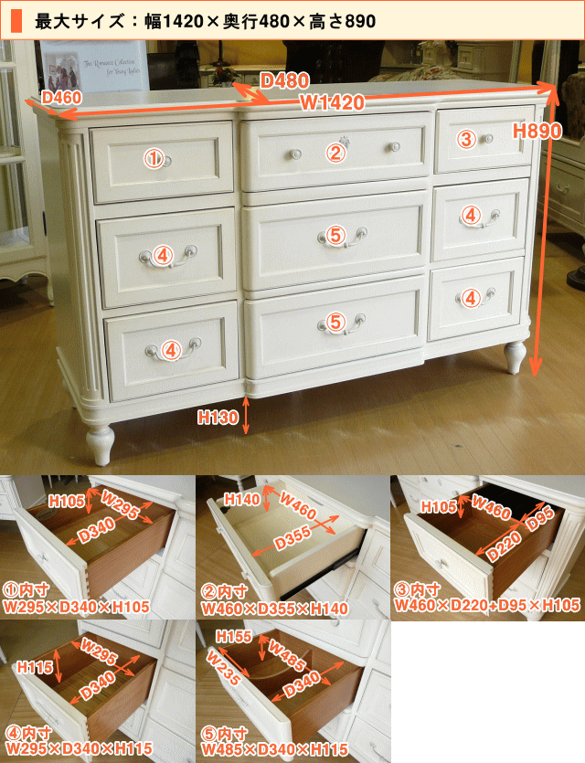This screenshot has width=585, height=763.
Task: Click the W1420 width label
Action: (x=333, y=102)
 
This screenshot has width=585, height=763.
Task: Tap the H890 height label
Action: (x=537, y=131)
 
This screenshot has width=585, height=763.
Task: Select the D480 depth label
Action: (x=284, y=80)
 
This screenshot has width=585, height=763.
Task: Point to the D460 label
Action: (x=61, y=98)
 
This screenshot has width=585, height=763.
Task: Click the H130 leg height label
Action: (x=218, y=417)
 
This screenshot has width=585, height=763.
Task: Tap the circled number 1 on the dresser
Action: (x=154, y=159)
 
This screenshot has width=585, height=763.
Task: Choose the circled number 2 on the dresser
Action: (x=335, y=154)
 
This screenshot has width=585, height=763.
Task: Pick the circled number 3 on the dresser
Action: (x=466, y=140)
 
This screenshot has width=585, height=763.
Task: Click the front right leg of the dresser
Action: (x=515, y=356)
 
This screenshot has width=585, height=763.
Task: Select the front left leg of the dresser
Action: (x=101, y=444)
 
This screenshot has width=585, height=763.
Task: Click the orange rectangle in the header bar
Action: (x=16, y=21)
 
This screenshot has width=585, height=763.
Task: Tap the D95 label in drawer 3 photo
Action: (x=540, y=519)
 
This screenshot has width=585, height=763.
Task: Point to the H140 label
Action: (x=242, y=499)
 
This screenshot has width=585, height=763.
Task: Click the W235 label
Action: (x=223, y=668)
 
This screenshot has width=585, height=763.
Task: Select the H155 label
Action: (x=234, y=636)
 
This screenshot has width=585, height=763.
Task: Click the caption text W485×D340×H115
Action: (x=275, y=749)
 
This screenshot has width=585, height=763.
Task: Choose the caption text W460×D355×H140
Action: (x=275, y=609)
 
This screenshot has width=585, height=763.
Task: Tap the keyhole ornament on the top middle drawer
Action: (x=346, y=142)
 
